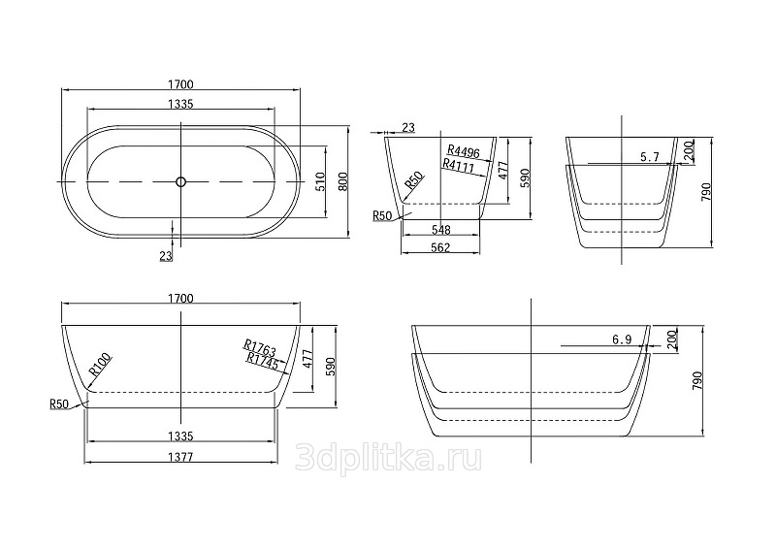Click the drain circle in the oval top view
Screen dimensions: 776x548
[x=180, y=181]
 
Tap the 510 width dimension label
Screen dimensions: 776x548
[x=320, y=181]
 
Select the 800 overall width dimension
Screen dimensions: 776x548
[x=343, y=181]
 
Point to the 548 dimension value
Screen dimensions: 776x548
[x=440, y=230]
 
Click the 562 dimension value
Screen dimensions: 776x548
[x=440, y=247]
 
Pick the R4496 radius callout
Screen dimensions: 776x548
[x=464, y=151]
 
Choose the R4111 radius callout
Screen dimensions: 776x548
[x=459, y=166]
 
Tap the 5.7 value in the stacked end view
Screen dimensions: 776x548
[x=650, y=157]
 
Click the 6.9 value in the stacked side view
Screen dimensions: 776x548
[x=622, y=339]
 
